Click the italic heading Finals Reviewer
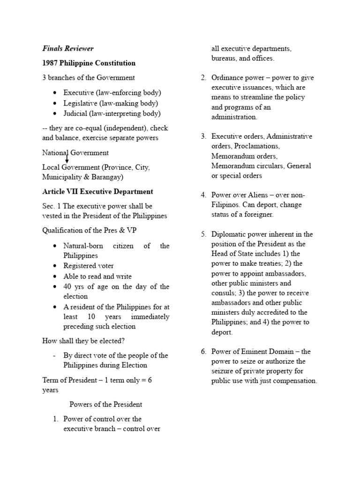pos(68,48)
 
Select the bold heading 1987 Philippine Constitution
pos(89,63)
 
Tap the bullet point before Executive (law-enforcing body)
pos(56,93)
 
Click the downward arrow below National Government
pos(67,159)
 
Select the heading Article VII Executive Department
pos(97,192)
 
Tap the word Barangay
pos(106,177)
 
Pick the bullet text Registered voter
pos(89,266)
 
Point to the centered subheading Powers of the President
pos(106,404)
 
